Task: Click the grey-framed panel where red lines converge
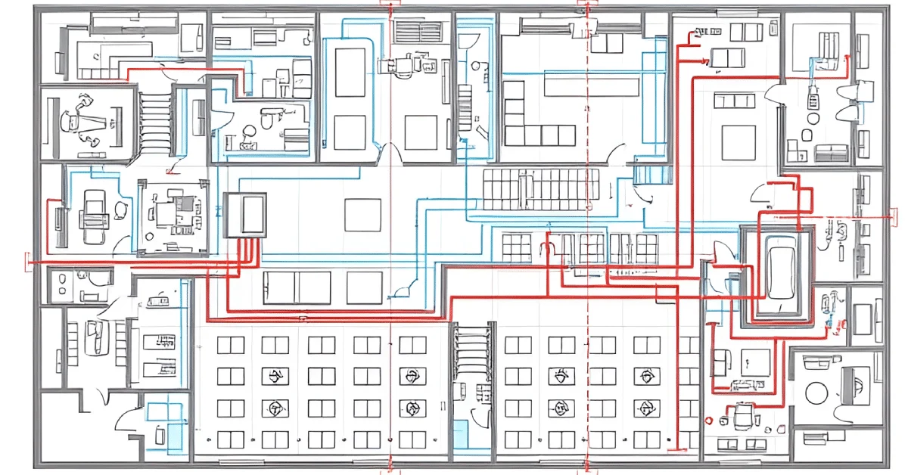click(245, 215)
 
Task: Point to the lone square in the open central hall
click(362, 215)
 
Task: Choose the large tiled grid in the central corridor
click(541, 189)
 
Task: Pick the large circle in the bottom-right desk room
click(818, 393)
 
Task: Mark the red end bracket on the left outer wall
click(29, 262)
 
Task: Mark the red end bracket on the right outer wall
click(886, 216)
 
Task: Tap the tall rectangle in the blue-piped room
click(350, 73)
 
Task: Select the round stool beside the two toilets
click(813, 119)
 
